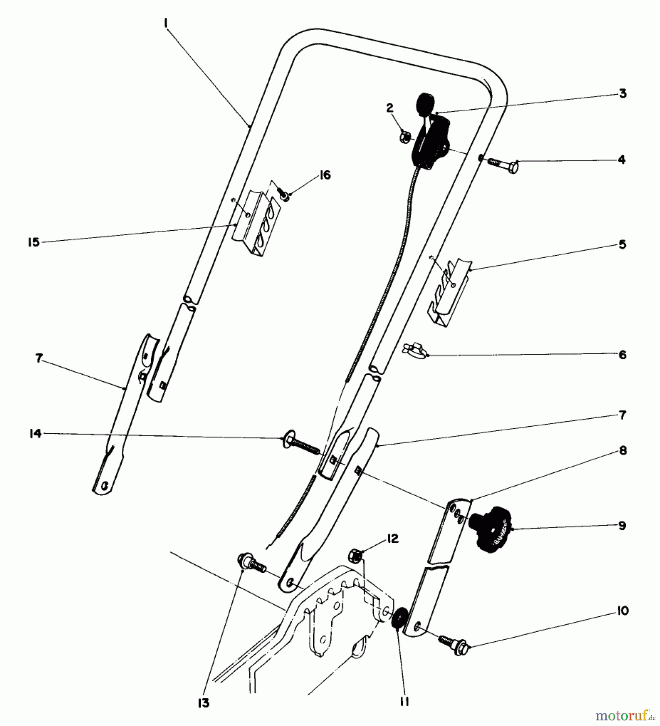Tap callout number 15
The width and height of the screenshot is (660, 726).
coord(34,242)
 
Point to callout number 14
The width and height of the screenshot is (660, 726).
coord(35,434)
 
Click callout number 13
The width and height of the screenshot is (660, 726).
coord(204,703)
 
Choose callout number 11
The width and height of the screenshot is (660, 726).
coord(404,702)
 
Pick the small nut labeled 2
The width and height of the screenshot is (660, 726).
coord(404,137)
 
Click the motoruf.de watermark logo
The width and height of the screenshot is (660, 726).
coord(625,716)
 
